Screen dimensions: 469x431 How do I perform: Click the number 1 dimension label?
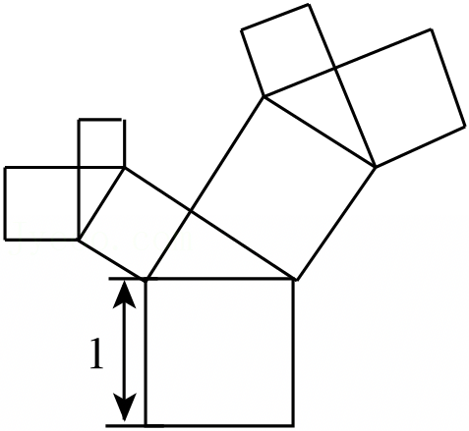[96, 354]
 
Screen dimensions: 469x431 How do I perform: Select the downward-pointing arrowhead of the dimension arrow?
[124, 406]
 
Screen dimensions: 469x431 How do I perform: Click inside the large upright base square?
[219, 352]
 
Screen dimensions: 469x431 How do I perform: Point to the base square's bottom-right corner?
[293, 425]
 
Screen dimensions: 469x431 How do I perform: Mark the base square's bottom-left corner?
[146, 425]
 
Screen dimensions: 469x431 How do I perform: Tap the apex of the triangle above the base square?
[191, 213]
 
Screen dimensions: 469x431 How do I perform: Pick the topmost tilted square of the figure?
[288, 49]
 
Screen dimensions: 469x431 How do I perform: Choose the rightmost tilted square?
[399, 97]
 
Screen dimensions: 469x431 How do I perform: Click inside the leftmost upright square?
[41, 203]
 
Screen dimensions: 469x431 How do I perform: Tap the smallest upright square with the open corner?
[101, 143]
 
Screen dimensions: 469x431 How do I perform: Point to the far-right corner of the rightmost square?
[465, 126]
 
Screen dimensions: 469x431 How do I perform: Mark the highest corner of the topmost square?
[309, 4]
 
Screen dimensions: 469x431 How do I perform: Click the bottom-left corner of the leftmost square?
[5, 240]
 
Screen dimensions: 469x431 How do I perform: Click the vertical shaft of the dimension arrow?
[124, 350]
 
